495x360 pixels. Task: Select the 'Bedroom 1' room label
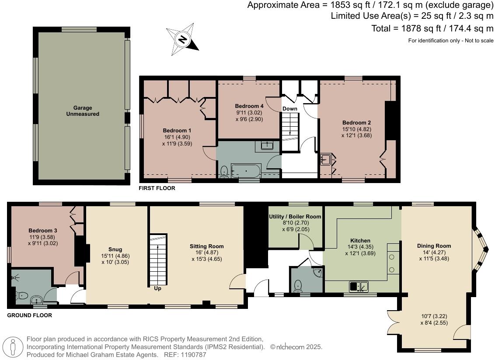(x=177, y=131)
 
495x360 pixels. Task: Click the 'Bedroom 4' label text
(x=249, y=106)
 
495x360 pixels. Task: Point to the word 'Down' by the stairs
(x=289, y=109)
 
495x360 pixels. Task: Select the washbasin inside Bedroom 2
(x=325, y=159)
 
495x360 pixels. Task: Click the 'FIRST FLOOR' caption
(x=157, y=188)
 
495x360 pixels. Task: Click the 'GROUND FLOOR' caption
(x=30, y=315)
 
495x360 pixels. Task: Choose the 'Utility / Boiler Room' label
(x=295, y=217)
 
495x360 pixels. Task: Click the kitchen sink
(x=359, y=287)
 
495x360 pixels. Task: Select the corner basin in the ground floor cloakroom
(x=319, y=273)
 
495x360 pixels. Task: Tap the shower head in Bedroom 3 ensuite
(x=16, y=277)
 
